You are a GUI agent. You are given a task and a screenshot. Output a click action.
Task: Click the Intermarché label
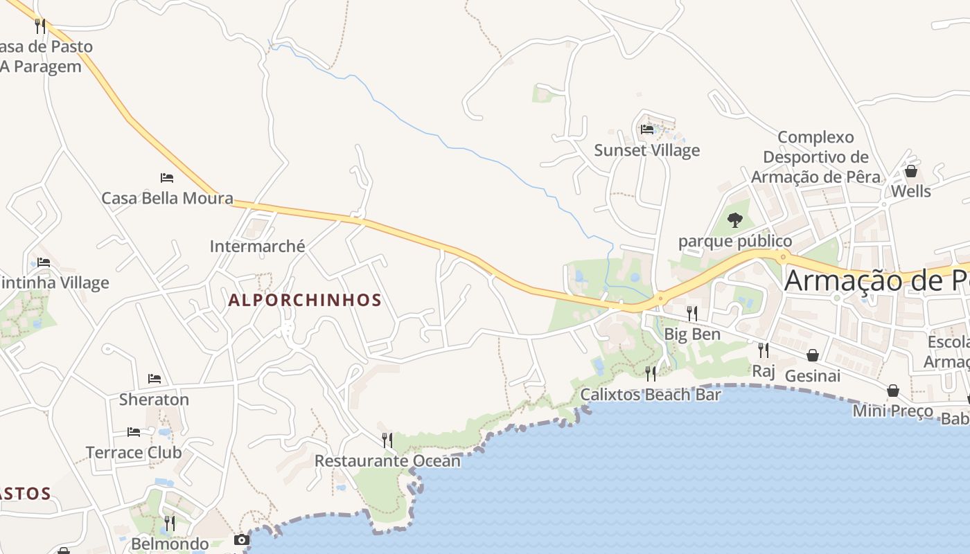257,246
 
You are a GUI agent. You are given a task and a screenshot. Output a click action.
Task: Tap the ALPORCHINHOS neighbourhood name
305,300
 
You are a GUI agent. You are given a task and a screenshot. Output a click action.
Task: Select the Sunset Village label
647,150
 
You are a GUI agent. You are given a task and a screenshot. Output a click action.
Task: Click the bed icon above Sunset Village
647,129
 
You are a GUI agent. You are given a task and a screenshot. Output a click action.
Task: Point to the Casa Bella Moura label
167,198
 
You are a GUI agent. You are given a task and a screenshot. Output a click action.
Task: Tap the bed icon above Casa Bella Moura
167,178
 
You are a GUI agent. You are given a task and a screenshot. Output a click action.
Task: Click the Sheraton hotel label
154,400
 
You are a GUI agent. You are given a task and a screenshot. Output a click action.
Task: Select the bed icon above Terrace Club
134,432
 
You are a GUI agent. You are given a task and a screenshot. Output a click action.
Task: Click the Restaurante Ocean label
387,461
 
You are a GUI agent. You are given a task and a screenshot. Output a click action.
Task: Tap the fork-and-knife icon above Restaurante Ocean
387,440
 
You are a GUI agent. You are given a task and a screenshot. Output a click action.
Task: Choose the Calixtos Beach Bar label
651,395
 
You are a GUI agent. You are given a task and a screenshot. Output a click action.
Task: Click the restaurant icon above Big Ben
691,314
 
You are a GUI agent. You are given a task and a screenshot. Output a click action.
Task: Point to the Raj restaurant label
763,370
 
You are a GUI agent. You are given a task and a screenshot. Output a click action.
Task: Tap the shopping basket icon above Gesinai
813,355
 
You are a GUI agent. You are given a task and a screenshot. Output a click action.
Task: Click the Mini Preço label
892,411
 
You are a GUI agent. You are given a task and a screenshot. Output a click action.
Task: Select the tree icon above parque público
735,220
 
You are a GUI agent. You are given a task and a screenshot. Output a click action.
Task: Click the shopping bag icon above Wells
911,171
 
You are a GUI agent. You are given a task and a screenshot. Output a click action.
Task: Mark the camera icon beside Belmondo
241,539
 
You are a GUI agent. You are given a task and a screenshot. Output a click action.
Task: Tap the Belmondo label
170,544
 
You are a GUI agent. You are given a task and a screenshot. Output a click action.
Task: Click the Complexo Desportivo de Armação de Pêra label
815,157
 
